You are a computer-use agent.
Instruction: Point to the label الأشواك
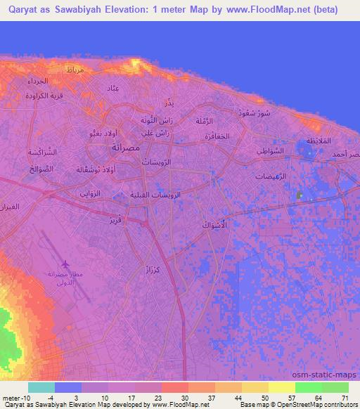coord(214,226)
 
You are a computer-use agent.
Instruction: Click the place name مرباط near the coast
coord(74,72)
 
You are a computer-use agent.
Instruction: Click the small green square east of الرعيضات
coord(300,194)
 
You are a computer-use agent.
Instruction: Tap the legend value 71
coord(345,398)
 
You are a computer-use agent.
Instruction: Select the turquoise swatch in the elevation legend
coord(41,387)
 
